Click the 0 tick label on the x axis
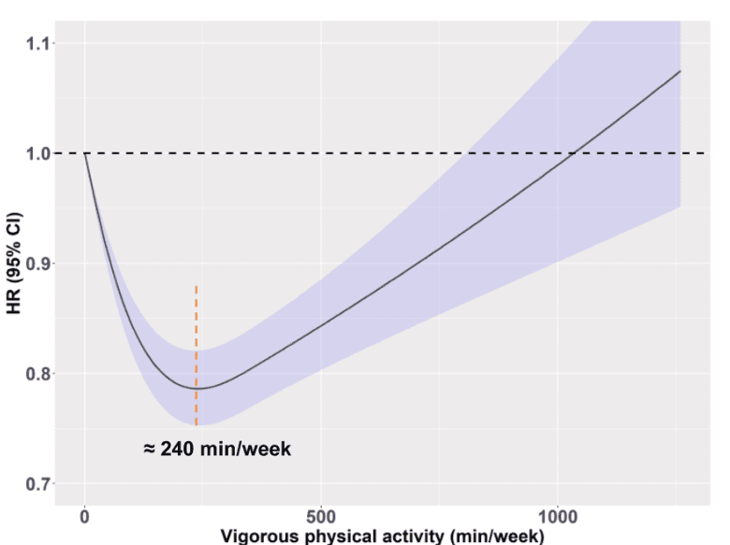point(85,515)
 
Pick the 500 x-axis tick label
point(321,515)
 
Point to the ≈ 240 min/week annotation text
point(217,450)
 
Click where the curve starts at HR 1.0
point(85,153)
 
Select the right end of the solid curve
point(679,71)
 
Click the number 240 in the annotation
point(179,450)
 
